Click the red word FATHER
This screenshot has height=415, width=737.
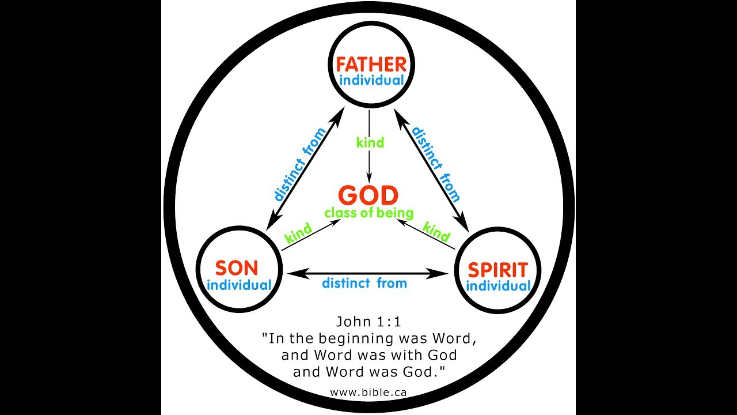tap(371, 64)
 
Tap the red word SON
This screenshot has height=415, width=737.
tap(237, 268)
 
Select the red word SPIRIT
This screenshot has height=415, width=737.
tap(498, 269)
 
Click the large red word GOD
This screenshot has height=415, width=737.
tap(368, 195)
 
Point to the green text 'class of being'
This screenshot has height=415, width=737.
tap(368, 213)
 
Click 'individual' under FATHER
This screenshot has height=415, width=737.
tap(371, 80)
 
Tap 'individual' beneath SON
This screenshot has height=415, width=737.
tap(238, 285)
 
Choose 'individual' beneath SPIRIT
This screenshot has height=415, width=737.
tap(499, 286)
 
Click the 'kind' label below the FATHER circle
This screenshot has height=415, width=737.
tap(370, 142)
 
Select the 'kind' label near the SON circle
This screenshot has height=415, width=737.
tap(298, 232)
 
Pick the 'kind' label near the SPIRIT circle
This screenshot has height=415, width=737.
tap(436, 232)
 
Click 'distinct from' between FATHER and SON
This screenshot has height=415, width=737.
tap(299, 165)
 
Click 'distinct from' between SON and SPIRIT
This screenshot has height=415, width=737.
tap(364, 283)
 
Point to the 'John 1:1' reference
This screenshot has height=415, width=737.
tap(368, 322)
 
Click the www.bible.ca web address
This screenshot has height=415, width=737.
tap(368, 392)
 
